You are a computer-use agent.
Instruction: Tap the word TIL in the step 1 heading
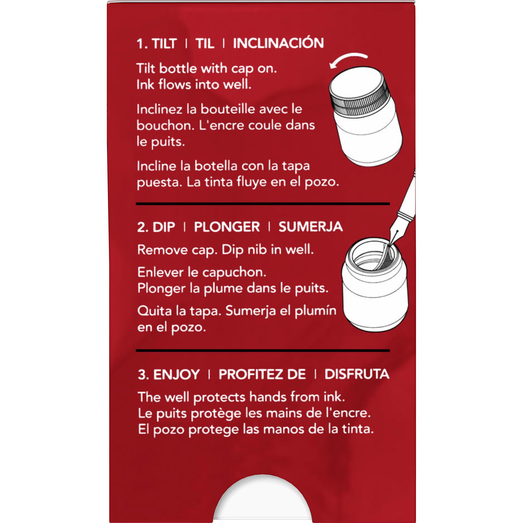(205, 44)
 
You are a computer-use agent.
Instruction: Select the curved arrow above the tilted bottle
(349, 60)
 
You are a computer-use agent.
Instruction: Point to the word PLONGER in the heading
(227, 227)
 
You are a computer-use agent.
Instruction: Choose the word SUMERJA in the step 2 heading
(311, 227)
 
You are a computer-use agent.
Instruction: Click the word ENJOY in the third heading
(177, 374)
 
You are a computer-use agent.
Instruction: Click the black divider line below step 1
(263, 203)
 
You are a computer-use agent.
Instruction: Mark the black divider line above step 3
(263, 351)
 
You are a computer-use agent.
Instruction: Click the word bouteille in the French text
(227, 109)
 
